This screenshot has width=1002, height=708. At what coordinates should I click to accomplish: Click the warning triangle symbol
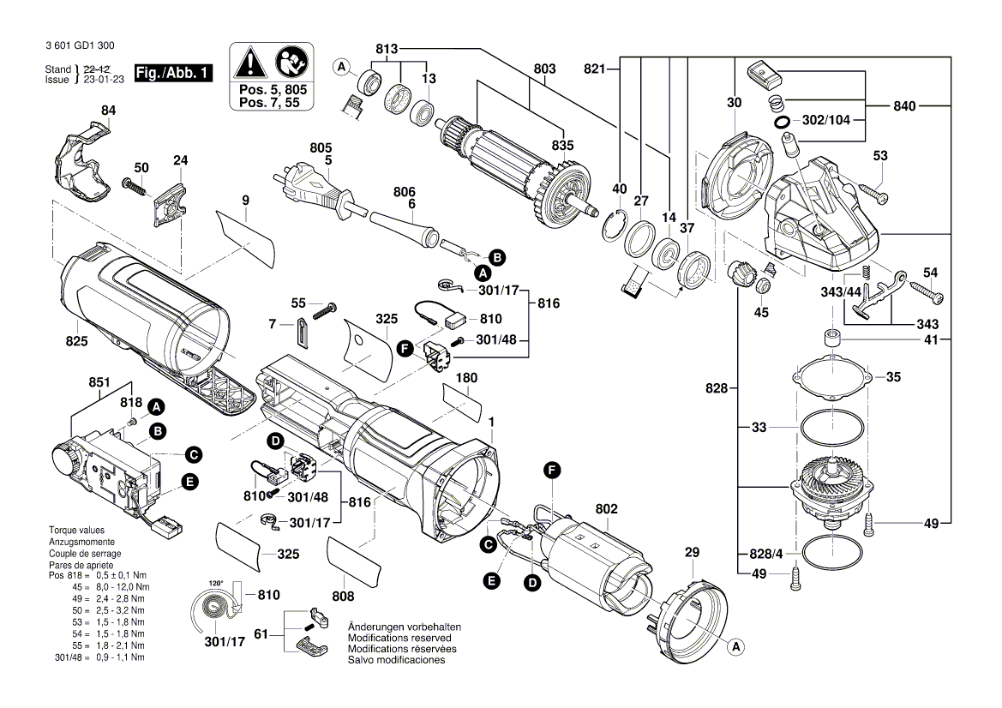pyautogui.click(x=249, y=63)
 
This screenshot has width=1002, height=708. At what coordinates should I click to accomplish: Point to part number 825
pyautogui.click(x=76, y=342)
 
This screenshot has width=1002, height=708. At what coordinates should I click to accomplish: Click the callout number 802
pyautogui.click(x=606, y=509)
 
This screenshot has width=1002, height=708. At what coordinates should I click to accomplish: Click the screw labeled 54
pyautogui.click(x=926, y=293)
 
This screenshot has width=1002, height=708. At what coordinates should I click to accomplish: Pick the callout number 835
pyautogui.click(x=562, y=146)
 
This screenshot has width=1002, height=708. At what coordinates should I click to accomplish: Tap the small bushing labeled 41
pyautogui.click(x=830, y=337)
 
